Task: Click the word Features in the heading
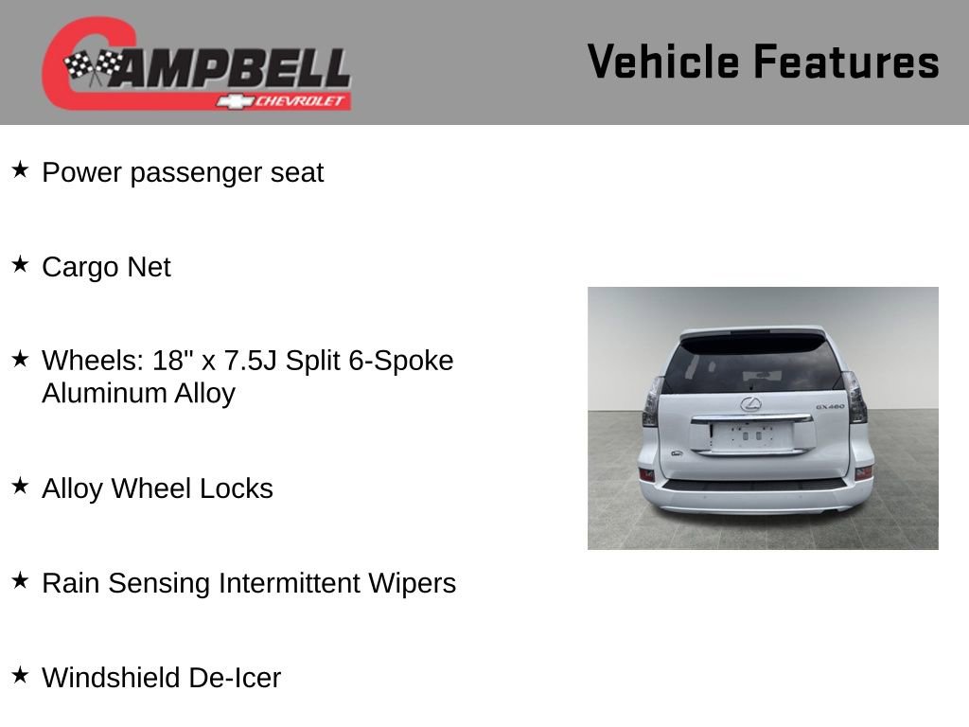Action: pyautogui.click(x=846, y=62)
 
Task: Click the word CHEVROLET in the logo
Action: pyautogui.click(x=302, y=101)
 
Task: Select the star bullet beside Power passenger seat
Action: pyautogui.click(x=20, y=170)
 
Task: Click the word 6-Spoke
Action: pyautogui.click(x=401, y=361)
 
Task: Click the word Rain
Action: pyautogui.click(x=71, y=583)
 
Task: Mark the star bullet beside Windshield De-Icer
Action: pyautogui.click(x=20, y=676)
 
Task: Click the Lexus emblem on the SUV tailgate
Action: pyautogui.click(x=750, y=405)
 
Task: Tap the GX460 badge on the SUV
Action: pyautogui.click(x=829, y=408)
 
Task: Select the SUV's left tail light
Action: pyautogui.click(x=653, y=401)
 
